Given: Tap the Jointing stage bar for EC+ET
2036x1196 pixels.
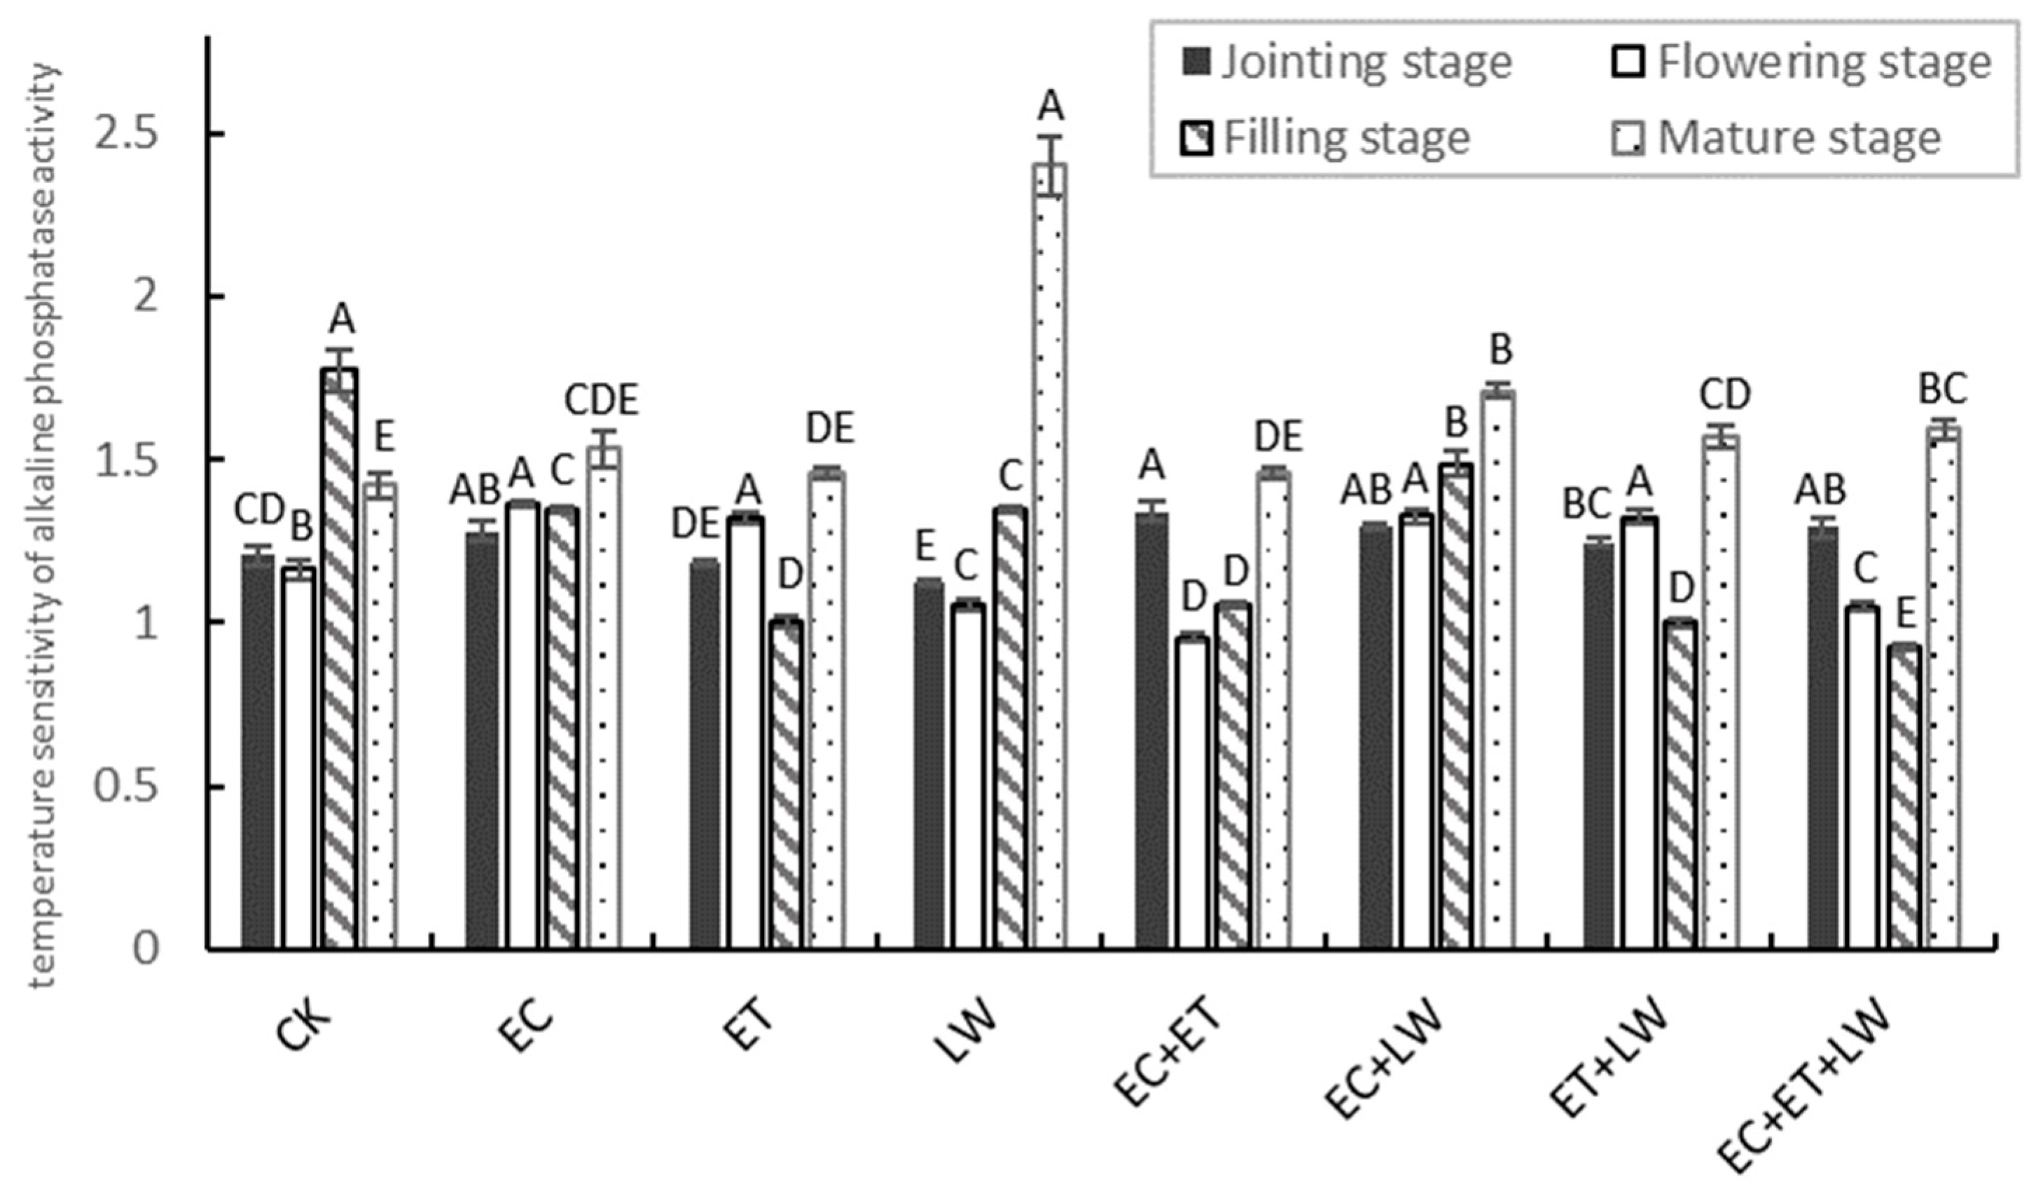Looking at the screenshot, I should [x=1151, y=731].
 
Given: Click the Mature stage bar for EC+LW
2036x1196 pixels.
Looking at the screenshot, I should [x=1501, y=671].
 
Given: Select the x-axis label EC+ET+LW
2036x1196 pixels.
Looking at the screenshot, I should [x=1801, y=1091].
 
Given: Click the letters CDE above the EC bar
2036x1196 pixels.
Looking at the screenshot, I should [x=602, y=401].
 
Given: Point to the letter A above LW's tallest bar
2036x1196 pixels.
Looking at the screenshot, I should [x=1051, y=105].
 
